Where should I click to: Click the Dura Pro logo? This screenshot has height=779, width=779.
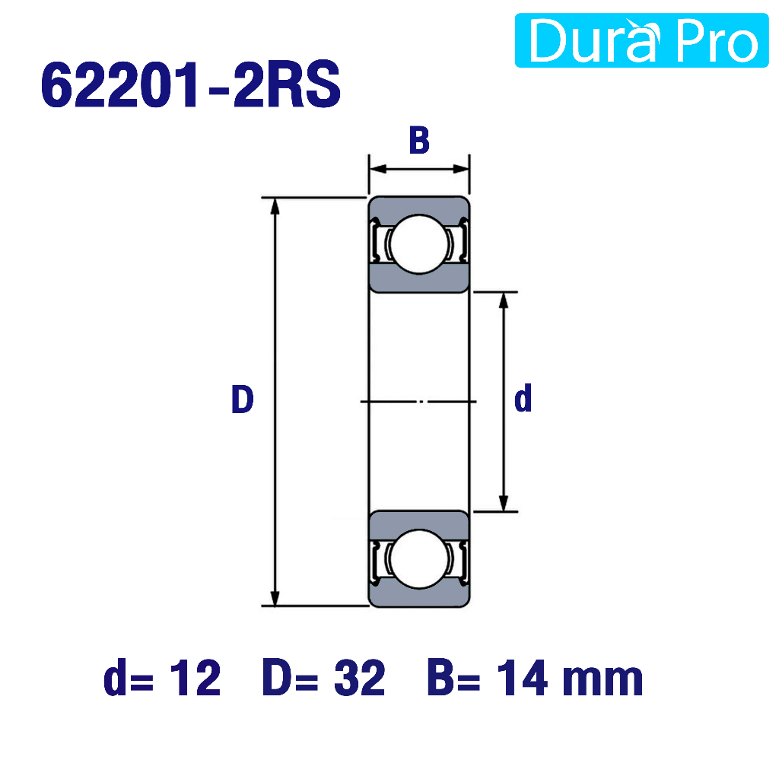[641, 40]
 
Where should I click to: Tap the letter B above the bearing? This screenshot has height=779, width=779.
[419, 141]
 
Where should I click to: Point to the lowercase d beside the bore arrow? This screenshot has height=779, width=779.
[523, 399]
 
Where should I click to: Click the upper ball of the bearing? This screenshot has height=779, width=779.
[419, 244]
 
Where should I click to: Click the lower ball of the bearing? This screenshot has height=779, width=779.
[419, 559]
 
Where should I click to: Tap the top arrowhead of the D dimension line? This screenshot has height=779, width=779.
[275, 206]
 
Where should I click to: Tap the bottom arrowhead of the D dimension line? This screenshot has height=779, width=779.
[275, 598]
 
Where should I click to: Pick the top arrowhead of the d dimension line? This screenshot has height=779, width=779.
[504, 300]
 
